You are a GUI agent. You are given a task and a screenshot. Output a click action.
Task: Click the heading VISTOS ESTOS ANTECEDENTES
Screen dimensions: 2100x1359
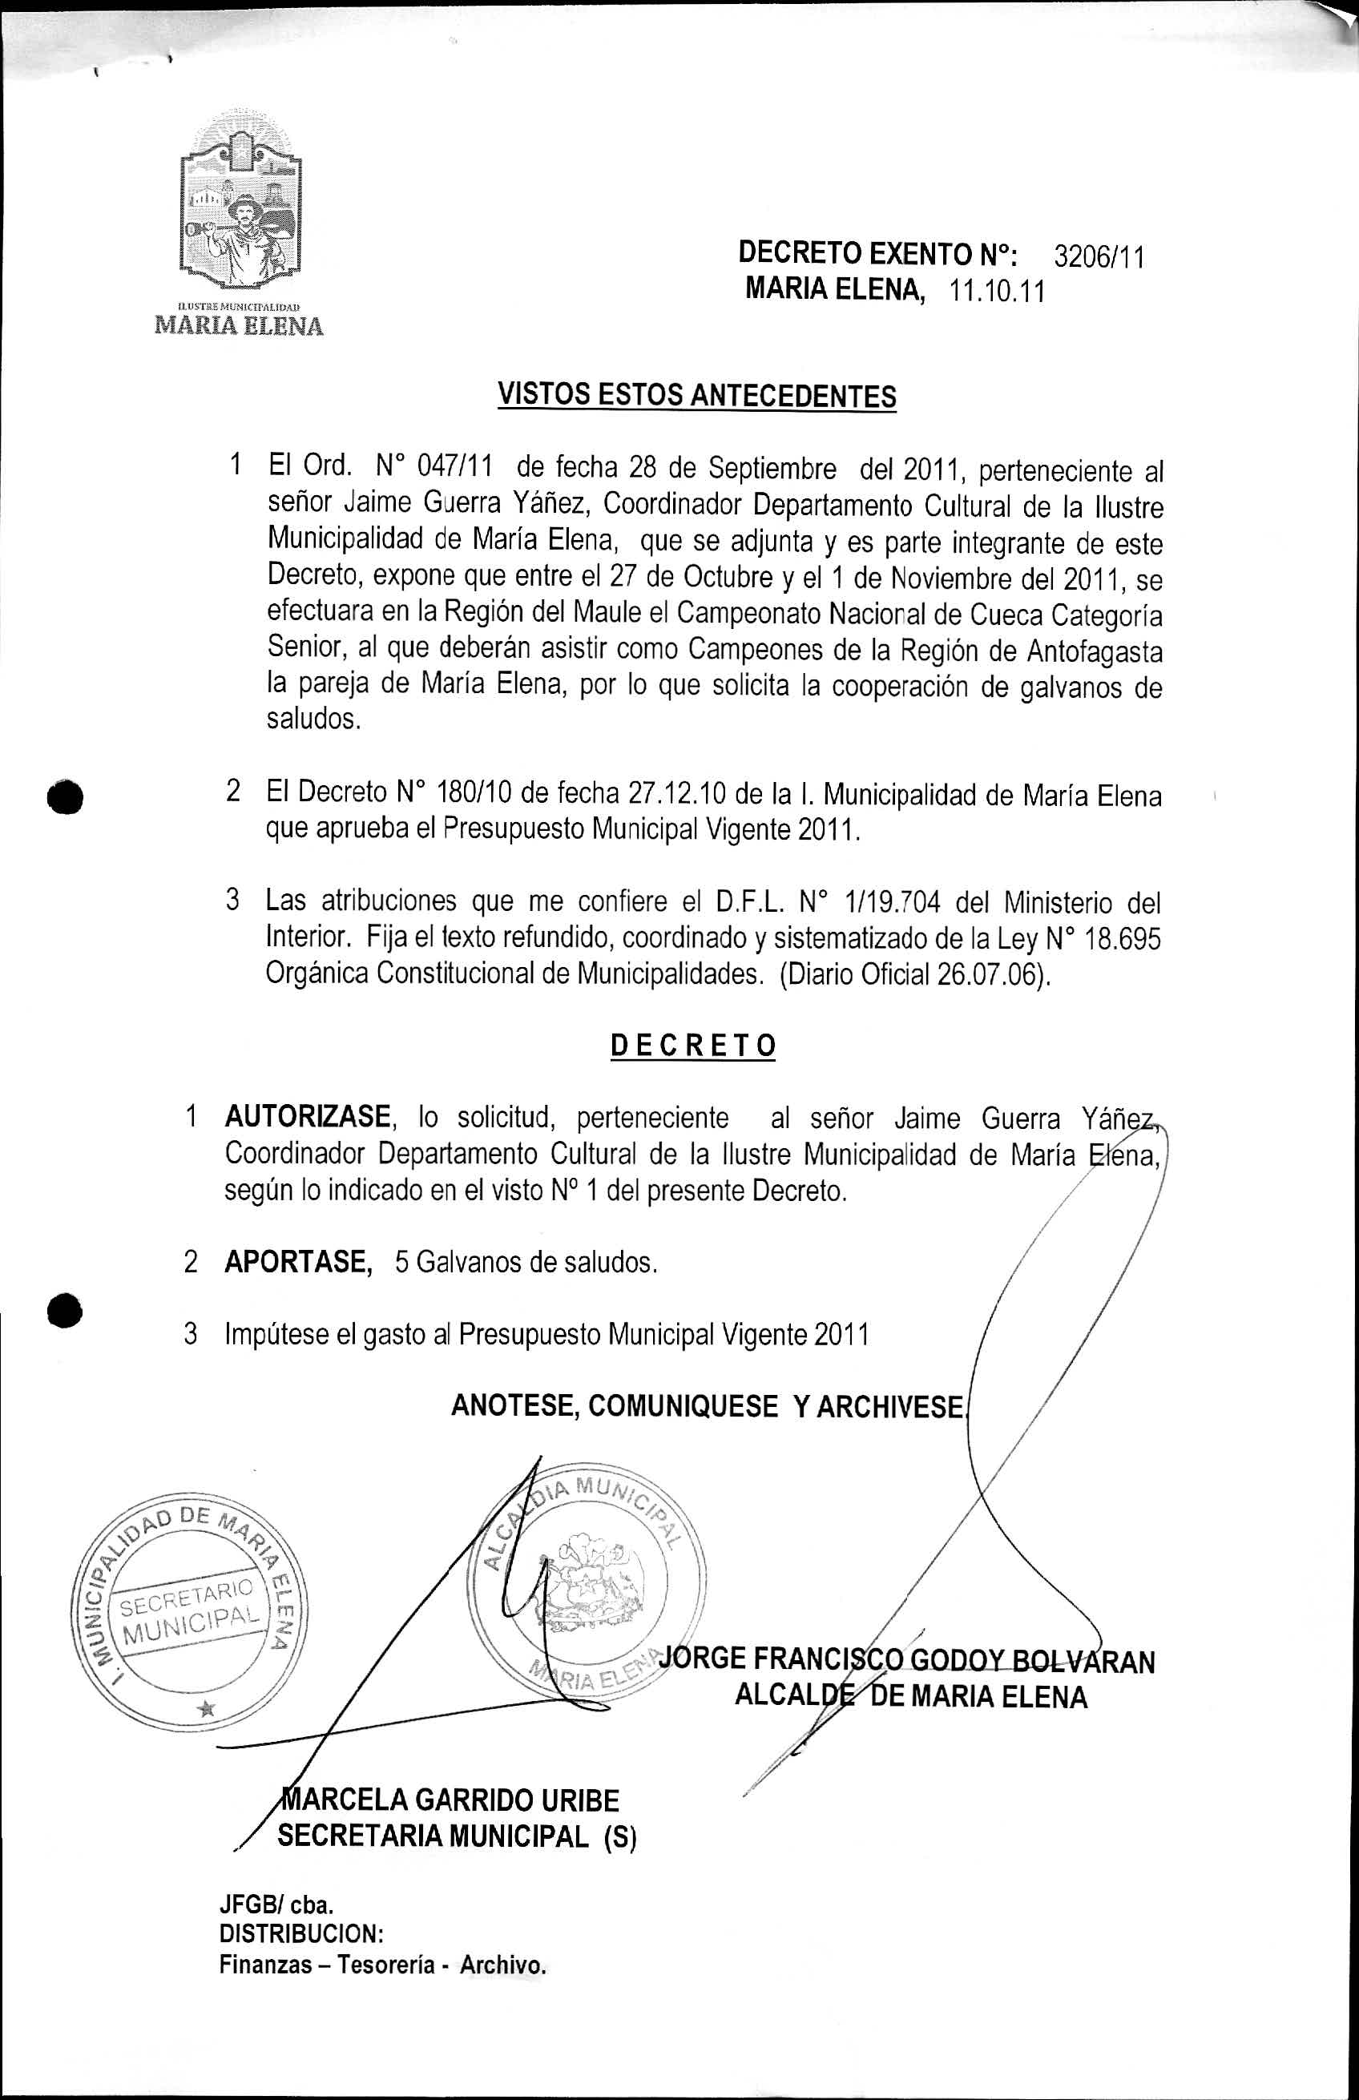[x=697, y=395]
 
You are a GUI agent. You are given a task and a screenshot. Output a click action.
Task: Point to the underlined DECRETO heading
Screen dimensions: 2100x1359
[x=693, y=1046]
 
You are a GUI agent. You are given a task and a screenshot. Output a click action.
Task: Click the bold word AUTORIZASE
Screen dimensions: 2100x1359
[x=307, y=1118]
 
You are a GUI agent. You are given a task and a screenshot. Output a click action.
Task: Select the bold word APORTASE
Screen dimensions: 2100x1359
[x=296, y=1263]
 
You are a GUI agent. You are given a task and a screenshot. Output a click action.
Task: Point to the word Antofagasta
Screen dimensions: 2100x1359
[x=1095, y=651]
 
